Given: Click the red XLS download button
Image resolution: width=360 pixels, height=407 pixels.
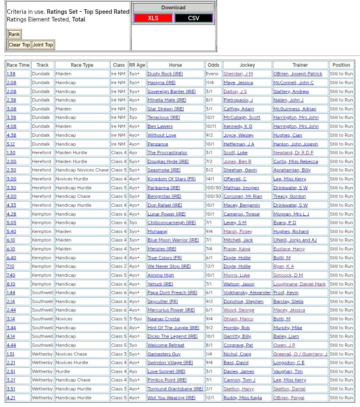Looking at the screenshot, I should point(153,18).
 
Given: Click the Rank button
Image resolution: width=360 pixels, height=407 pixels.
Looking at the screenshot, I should point(14,34).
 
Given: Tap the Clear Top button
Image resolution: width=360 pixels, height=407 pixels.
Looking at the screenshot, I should point(19,45).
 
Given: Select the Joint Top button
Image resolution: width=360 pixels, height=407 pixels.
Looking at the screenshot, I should point(43,45).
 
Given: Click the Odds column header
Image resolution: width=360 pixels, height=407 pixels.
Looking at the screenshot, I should point(213,65).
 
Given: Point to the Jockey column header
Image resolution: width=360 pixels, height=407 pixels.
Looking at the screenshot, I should point(247,65).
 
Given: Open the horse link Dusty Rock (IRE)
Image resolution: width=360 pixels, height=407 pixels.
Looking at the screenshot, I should point(165,74).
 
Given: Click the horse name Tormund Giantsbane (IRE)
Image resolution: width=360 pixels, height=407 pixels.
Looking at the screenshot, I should point(175,389).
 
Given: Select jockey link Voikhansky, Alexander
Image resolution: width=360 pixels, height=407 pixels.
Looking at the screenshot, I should point(247,293).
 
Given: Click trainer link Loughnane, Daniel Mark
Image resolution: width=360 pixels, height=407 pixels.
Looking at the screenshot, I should point(299,284).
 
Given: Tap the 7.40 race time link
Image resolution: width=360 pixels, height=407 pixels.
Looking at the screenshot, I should point(11,275).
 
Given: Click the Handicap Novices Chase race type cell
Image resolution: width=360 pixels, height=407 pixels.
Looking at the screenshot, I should point(82,170).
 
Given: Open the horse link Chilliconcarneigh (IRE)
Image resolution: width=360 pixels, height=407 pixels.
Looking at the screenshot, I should point(172,223).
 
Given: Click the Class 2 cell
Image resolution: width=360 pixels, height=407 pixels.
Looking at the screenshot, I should point(119,267).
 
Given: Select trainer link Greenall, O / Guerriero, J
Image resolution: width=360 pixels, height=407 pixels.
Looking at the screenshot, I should point(300,354).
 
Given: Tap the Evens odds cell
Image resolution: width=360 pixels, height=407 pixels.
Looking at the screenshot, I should point(212,74).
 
